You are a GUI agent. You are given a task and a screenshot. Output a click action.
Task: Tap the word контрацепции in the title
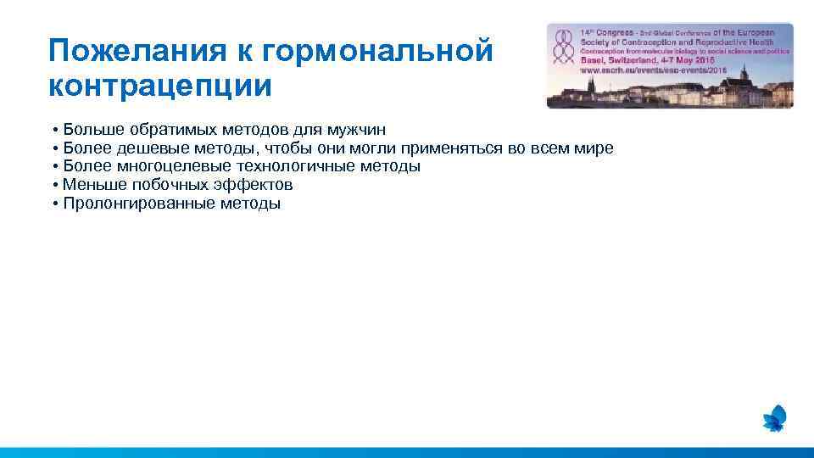pos(160,86)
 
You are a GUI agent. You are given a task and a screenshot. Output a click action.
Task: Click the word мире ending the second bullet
pos(594,148)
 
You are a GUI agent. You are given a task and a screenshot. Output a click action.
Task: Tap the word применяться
pos(454,148)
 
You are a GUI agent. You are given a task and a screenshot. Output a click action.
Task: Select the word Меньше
pos(93,185)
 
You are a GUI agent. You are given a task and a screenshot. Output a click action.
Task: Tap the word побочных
pos(170,185)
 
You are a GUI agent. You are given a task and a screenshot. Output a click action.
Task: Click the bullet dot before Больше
pos(53,131)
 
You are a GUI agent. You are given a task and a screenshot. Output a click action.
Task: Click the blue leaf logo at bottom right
pos(774,418)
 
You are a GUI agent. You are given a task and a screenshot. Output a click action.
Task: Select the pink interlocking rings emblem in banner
pos(561,48)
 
